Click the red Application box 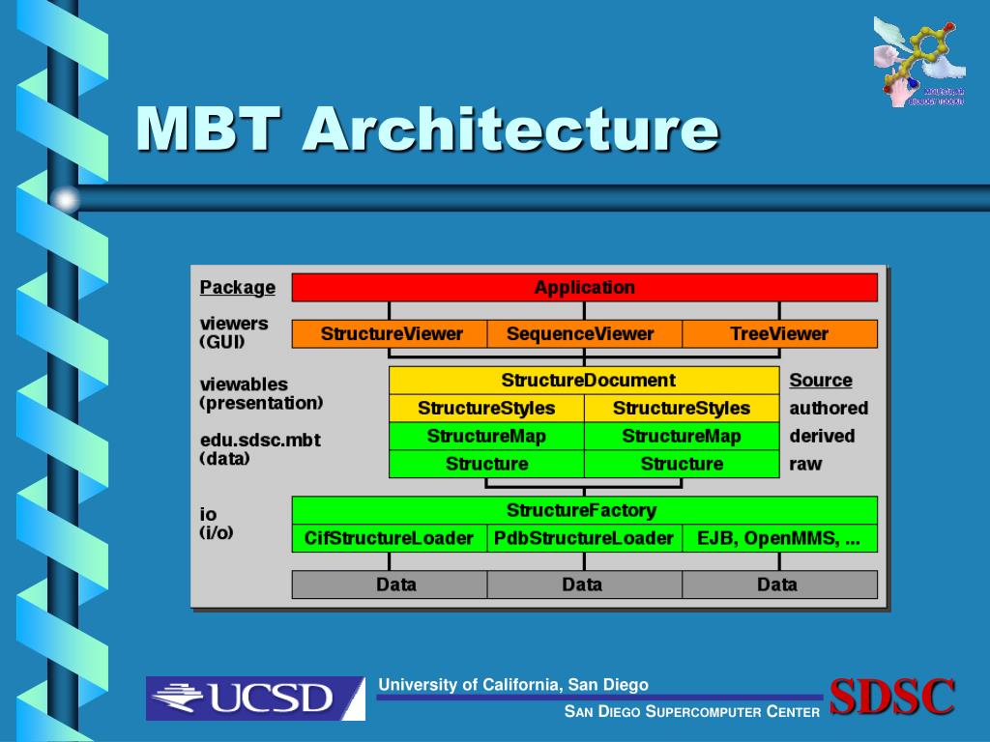584,287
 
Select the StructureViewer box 391,334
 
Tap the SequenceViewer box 584,334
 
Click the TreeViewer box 779,334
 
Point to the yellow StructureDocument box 584,380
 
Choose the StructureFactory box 584,510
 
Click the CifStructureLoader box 389,538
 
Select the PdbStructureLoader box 584,538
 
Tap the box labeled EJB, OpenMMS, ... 779,538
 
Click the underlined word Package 237,288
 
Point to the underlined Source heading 821,381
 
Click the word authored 829,409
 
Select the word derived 822,437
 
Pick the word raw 805,464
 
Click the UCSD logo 255,698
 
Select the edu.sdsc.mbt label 259,441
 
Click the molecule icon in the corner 918,60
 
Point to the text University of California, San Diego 513,685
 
